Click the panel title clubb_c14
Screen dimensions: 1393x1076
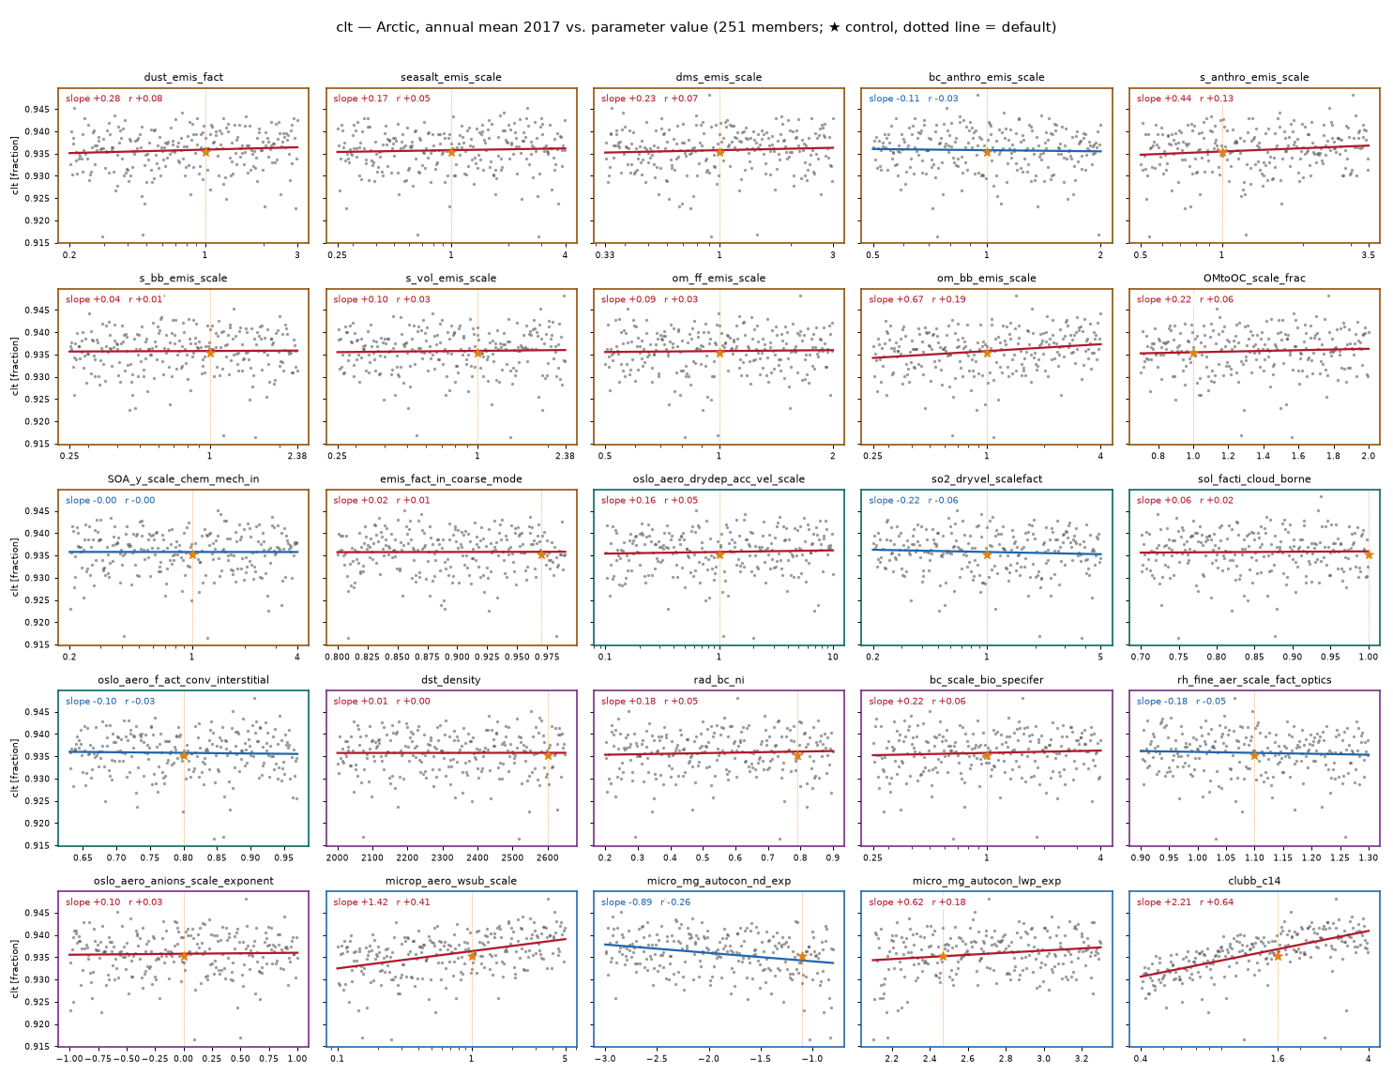click(1254, 881)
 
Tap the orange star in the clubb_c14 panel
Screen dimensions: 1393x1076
click(1278, 956)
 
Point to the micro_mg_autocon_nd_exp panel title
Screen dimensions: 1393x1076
click(719, 881)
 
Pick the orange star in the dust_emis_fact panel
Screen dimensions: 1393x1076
click(205, 152)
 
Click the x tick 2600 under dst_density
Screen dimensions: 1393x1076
click(547, 857)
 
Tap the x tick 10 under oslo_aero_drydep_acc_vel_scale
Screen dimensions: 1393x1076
click(832, 657)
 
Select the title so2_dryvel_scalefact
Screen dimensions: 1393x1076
click(987, 478)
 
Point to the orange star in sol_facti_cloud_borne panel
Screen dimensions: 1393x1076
click(1369, 554)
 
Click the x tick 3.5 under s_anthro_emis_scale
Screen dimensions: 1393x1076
click(1368, 254)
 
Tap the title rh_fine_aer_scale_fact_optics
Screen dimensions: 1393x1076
click(1254, 680)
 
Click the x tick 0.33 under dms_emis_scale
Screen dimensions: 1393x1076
click(604, 254)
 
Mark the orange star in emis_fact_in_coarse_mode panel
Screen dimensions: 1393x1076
click(541, 554)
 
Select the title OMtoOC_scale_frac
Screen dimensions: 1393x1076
click(1254, 278)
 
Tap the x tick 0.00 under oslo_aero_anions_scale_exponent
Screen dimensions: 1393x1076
click(184, 1058)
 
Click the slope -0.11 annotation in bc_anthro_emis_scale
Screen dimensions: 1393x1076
click(894, 99)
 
